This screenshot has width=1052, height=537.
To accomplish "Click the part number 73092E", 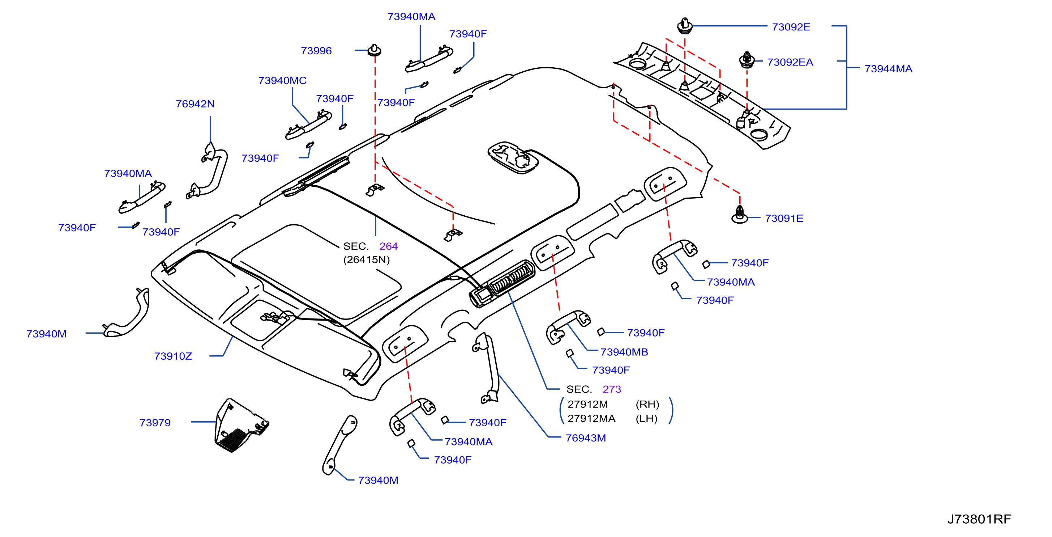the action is tap(791, 27).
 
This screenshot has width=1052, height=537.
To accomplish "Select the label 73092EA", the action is tap(790, 62).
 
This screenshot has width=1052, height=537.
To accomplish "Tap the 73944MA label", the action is tap(888, 69).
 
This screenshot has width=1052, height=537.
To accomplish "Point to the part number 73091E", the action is tap(784, 218).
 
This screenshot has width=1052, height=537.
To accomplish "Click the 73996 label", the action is tap(316, 51).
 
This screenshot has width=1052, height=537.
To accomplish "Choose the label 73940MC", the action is tap(282, 80).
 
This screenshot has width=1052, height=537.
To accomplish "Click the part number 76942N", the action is tap(195, 104).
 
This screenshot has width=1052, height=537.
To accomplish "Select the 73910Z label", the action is tap(173, 356).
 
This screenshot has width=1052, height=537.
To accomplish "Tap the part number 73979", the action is tap(155, 423).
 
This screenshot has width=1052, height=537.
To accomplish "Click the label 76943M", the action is tap(586, 438).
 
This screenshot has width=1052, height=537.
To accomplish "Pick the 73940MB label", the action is tap(624, 352).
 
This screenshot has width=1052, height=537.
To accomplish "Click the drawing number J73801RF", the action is tap(979, 519).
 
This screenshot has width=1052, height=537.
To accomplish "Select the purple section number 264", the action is tap(388, 246).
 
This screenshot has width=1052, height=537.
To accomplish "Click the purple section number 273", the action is tap(612, 389).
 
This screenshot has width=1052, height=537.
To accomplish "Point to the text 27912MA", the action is tap(591, 418).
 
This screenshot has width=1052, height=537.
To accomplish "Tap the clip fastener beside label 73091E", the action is tap(740, 215).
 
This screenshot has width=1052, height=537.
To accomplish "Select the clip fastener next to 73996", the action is tap(374, 50).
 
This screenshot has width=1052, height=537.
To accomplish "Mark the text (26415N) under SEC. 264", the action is tap(366, 259).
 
